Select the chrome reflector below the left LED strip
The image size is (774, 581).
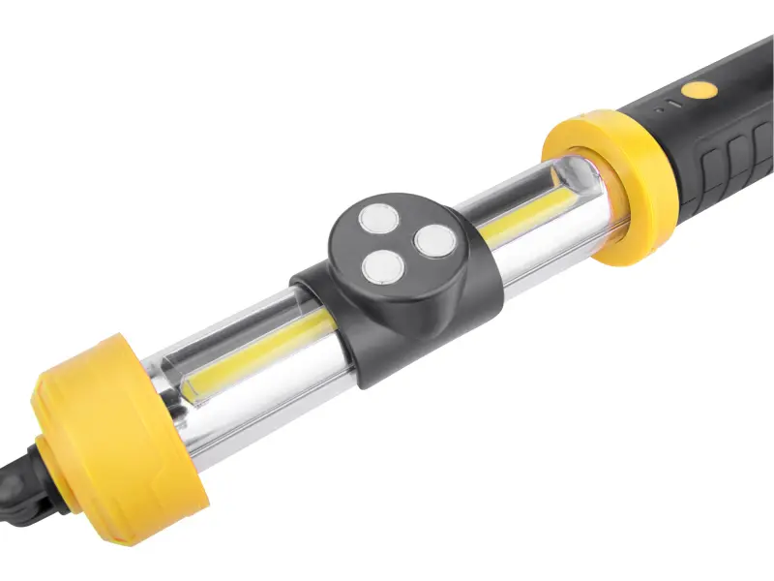coord(271,387)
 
